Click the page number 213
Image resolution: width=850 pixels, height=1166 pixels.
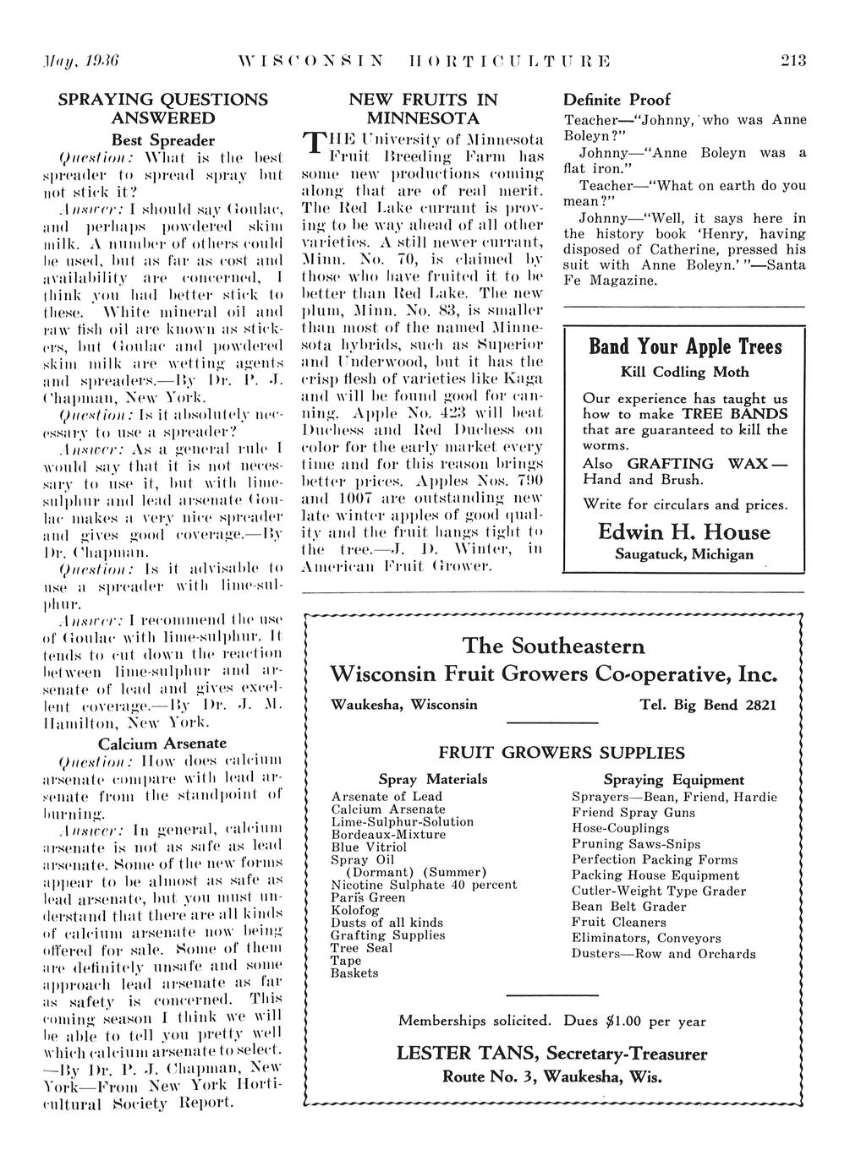[793, 60]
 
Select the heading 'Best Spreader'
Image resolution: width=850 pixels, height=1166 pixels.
[163, 140]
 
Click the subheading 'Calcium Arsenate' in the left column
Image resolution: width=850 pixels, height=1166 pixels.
[162, 744]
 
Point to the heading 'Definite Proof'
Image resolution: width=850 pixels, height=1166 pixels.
[617, 100]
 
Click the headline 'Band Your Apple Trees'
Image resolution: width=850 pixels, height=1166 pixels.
[685, 346]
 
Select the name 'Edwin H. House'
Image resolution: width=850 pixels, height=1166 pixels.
[684, 532]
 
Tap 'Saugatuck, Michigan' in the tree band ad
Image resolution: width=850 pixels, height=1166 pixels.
[684, 555]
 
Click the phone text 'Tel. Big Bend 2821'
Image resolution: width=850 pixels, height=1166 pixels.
[708, 704]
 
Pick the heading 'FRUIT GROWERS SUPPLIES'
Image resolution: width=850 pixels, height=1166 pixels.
[562, 752]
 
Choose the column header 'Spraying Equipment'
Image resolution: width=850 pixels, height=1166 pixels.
[673, 780]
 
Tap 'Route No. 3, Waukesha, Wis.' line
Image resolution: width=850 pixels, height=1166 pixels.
[552, 1077]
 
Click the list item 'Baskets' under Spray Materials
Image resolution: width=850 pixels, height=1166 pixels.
[354, 973]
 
